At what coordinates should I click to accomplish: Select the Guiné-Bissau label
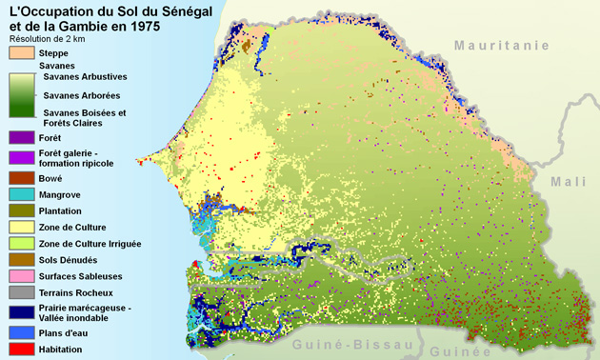(x=349, y=344)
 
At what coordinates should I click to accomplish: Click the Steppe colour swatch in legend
(x=19, y=53)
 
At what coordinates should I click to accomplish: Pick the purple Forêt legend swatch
(x=19, y=138)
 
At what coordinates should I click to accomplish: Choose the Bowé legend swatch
(x=19, y=176)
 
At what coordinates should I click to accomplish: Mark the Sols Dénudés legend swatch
(x=19, y=260)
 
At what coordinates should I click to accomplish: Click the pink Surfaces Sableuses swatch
(x=19, y=276)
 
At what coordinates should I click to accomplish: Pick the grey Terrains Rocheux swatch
(x=19, y=293)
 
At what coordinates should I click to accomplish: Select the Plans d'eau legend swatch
(x=19, y=333)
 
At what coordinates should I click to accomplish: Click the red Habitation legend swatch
(x=19, y=350)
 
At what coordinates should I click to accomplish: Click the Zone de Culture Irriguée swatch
(x=19, y=244)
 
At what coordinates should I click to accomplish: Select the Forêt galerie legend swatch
(x=19, y=157)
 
